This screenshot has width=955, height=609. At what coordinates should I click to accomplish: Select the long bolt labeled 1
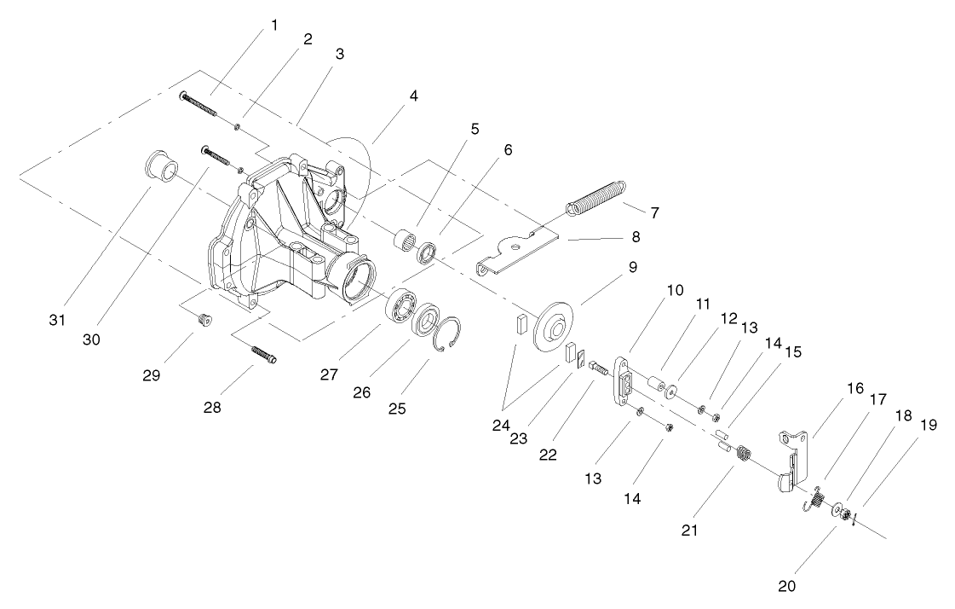tap(199, 106)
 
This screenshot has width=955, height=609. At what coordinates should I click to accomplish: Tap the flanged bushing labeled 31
tap(158, 166)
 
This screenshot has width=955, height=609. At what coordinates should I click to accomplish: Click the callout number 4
tap(413, 95)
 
